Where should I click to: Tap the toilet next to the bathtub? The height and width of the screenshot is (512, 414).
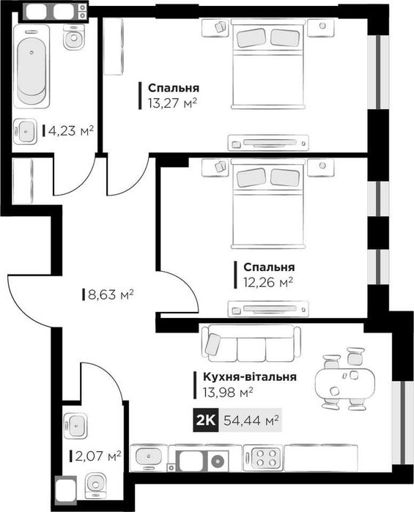point(74,37)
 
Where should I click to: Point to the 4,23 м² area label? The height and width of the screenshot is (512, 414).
point(71,131)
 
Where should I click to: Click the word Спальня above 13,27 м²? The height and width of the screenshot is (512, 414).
point(171,86)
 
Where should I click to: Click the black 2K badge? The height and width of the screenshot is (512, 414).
point(206,420)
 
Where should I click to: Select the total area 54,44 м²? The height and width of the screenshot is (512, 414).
point(252,420)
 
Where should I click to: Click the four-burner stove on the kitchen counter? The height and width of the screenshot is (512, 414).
point(267,459)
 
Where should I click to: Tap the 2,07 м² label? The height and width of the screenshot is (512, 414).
point(98,456)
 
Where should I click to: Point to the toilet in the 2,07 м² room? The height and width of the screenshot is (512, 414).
point(96,486)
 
